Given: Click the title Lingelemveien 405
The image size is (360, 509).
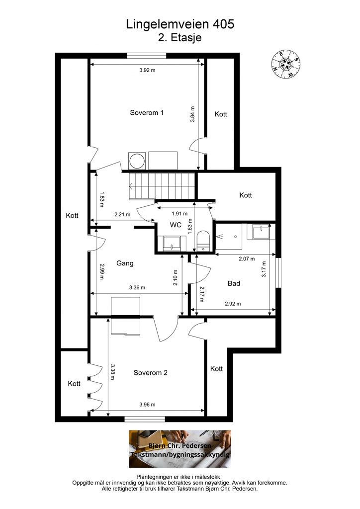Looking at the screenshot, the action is click(x=180, y=24).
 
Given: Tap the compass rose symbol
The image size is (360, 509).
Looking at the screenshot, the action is click(x=286, y=64).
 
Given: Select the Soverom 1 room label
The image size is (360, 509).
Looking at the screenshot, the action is click(x=147, y=113).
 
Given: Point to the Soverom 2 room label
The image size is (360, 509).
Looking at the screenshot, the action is click(x=151, y=373).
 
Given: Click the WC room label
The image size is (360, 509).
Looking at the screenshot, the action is click(x=176, y=225).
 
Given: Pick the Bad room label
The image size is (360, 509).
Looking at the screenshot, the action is click(x=234, y=283).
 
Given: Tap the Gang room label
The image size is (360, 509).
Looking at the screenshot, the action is click(x=125, y=263).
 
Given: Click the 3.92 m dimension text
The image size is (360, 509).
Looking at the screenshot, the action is click(x=147, y=70).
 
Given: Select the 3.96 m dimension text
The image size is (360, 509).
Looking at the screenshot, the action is click(x=147, y=405).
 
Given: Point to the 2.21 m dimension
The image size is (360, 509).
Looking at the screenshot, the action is click(x=122, y=214).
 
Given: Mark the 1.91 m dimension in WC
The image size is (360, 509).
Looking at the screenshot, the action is click(x=180, y=214).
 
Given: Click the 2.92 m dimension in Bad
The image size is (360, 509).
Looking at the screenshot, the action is click(x=233, y=304).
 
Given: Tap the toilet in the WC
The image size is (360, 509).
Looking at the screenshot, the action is click(x=204, y=241).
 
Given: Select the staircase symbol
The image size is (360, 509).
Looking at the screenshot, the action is click(x=162, y=186).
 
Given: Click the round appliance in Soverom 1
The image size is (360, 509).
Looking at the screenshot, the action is click(x=137, y=161).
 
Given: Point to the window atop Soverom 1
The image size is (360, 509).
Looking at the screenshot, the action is click(x=147, y=56).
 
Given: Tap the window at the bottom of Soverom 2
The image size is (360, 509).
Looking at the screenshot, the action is click(x=145, y=420).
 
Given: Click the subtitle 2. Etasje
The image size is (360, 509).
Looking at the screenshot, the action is click(x=180, y=38).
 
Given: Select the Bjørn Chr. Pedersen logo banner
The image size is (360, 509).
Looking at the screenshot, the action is click(x=180, y=449).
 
